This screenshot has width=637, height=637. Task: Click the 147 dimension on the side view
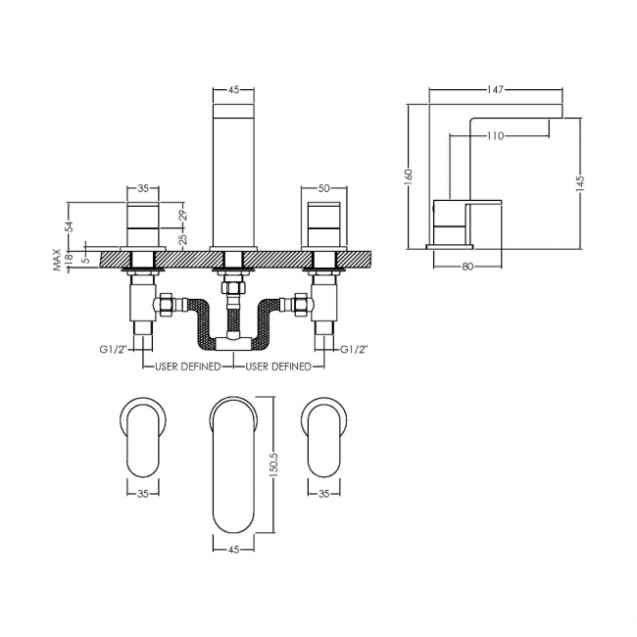(x=495, y=89)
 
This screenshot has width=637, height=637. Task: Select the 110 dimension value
(x=495, y=136)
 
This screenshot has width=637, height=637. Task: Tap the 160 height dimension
(x=409, y=174)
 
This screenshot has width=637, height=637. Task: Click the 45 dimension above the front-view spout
(x=233, y=89)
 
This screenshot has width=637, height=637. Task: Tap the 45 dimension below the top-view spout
(x=233, y=550)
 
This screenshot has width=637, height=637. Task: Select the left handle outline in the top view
(x=143, y=435)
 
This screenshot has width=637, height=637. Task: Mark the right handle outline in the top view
(x=323, y=435)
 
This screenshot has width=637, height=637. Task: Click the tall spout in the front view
(x=233, y=171)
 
